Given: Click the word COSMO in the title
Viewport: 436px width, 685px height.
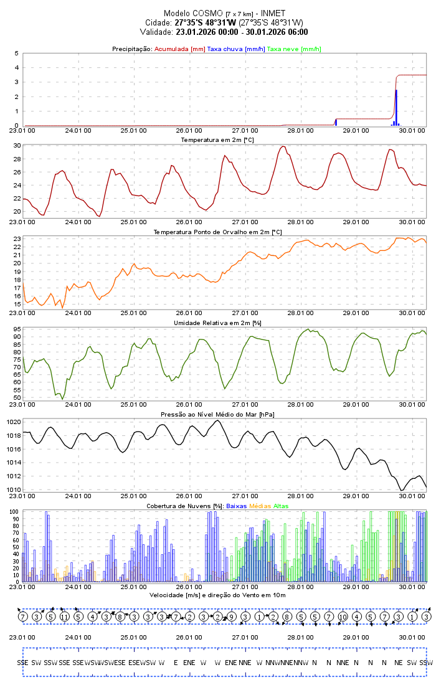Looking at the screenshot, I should [x=208, y=13].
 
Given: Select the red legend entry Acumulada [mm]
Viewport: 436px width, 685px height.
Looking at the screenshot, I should [x=179, y=49].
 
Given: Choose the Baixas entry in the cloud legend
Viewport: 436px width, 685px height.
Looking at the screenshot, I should [x=236, y=506].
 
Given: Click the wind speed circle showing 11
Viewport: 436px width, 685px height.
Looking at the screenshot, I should [x=64, y=616].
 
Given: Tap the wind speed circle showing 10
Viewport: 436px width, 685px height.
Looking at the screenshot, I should [x=343, y=616].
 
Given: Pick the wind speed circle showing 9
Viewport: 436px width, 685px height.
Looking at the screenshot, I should [x=231, y=616].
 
